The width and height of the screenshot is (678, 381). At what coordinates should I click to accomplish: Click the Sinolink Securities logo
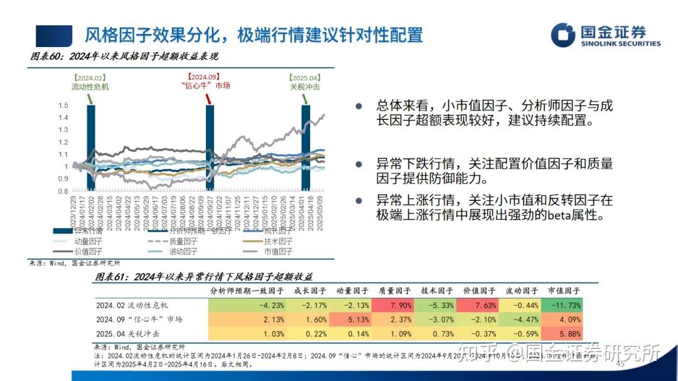click(x=605, y=35)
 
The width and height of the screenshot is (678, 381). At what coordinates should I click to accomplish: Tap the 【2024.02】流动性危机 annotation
click(x=90, y=82)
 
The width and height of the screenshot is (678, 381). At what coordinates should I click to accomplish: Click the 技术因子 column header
click(x=437, y=291)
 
